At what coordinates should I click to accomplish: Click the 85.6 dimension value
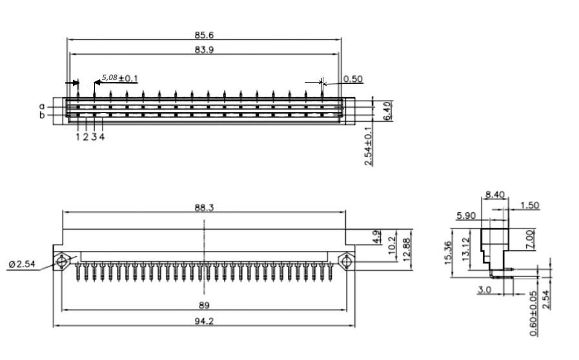pyautogui.click(x=204, y=35)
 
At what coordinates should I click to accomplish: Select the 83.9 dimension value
pyautogui.click(x=204, y=50)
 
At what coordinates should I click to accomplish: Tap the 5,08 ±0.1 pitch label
pyautogui.click(x=119, y=78)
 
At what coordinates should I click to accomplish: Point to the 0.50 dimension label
pyautogui.click(x=353, y=79)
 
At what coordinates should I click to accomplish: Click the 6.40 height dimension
pyautogui.click(x=387, y=111)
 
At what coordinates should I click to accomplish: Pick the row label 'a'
pyautogui.click(x=42, y=106)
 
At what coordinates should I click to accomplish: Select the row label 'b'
pyautogui.click(x=42, y=115)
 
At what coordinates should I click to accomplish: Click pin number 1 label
pyautogui.click(x=78, y=137)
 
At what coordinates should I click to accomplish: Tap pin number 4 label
pyautogui.click(x=102, y=137)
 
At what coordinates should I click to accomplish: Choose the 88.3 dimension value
pyautogui.click(x=204, y=208)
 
